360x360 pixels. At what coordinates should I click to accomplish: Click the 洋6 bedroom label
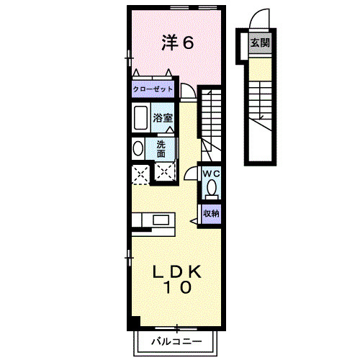(x=177, y=43)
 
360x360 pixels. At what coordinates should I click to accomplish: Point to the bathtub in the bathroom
(x=140, y=117)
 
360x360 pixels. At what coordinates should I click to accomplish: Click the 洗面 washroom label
(x=161, y=148)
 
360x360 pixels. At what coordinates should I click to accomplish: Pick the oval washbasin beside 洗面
(x=138, y=148)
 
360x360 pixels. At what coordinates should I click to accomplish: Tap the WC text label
(x=210, y=174)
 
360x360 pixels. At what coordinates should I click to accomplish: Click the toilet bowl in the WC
(x=211, y=188)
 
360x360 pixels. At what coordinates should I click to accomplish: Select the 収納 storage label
(x=210, y=213)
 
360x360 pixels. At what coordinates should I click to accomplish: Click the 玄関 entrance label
(x=259, y=42)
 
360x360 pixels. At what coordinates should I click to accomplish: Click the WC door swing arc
(x=191, y=173)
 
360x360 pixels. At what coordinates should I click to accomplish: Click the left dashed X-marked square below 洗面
(x=140, y=173)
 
